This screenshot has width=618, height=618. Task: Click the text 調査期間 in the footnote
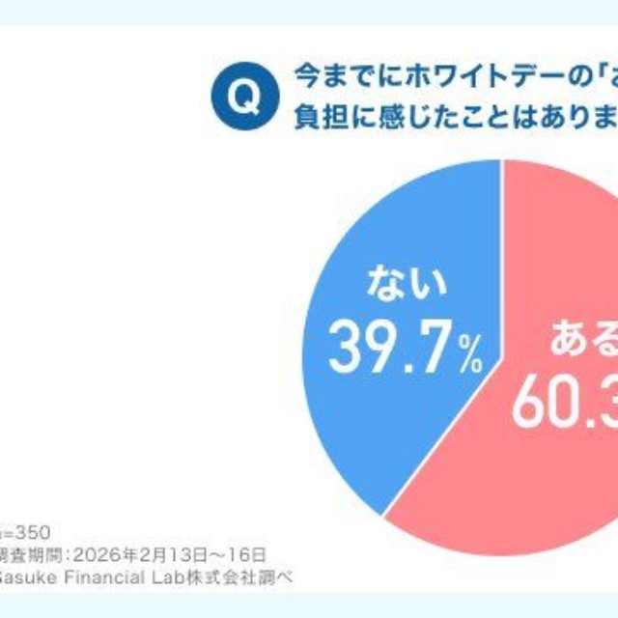30,554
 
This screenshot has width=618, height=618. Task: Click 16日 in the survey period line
246,554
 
